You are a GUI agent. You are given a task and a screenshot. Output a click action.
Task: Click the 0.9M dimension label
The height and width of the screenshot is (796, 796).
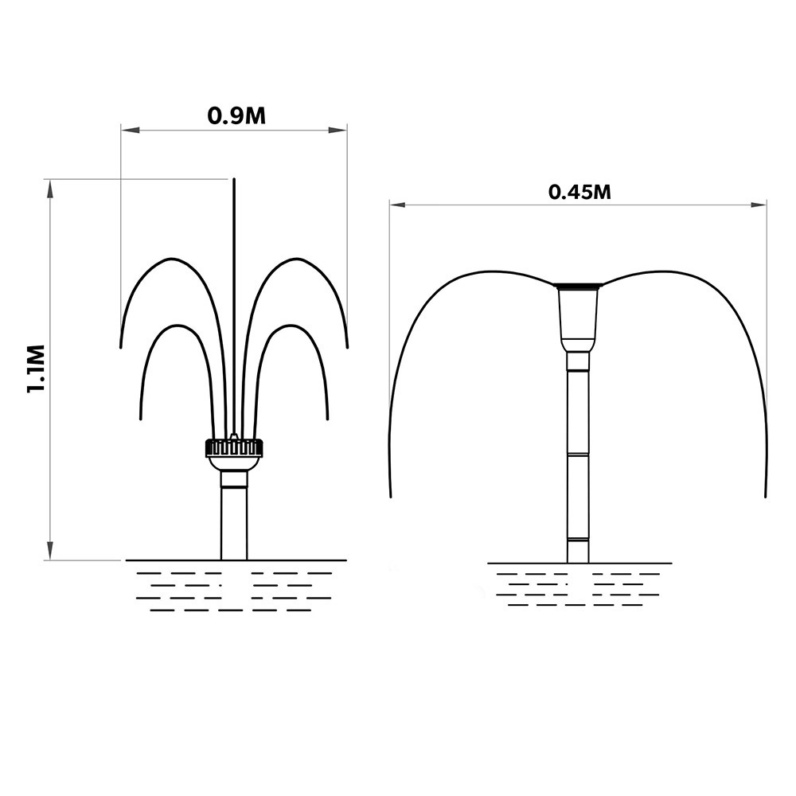(x=236, y=116)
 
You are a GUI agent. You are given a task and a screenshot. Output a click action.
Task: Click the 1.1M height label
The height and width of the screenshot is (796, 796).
(x=37, y=369)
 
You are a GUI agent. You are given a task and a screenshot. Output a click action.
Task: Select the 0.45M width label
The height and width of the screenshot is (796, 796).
(x=579, y=193)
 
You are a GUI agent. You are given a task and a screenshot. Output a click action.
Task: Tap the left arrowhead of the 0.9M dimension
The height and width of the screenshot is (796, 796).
(x=130, y=131)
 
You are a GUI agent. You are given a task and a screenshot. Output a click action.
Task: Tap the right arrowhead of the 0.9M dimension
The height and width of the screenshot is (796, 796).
(x=338, y=131)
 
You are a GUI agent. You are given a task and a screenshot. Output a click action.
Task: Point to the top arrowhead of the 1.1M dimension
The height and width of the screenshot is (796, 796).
(x=49, y=189)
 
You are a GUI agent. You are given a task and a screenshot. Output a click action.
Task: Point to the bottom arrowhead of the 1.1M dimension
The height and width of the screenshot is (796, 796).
(x=49, y=551)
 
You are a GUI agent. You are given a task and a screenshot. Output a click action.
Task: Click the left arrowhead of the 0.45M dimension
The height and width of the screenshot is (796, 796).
(x=399, y=205)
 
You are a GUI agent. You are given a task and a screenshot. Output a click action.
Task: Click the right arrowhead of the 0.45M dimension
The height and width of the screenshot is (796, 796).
(x=758, y=205)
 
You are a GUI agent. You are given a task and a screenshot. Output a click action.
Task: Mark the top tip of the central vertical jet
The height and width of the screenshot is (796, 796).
(x=234, y=178)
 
